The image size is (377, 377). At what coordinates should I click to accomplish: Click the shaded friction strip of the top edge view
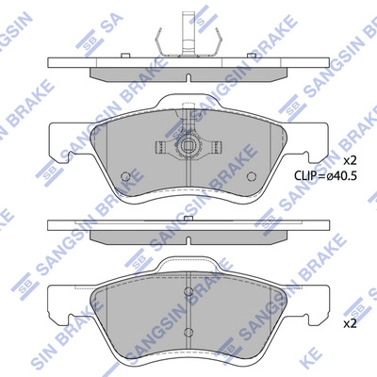tap(188, 72)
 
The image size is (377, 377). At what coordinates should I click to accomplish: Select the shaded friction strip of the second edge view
tap(188, 234)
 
